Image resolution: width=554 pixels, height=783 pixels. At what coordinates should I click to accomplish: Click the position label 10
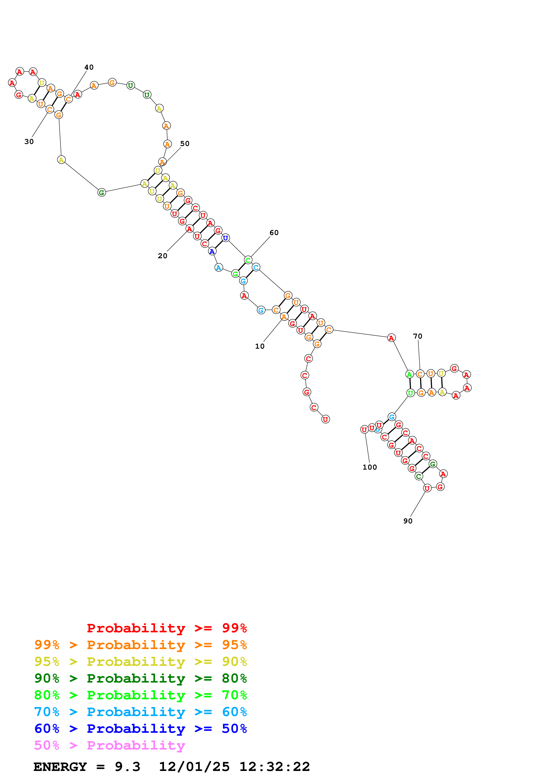(260, 346)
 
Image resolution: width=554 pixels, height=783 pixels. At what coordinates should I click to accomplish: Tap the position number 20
(162, 256)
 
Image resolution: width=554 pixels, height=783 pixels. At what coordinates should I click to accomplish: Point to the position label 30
(29, 142)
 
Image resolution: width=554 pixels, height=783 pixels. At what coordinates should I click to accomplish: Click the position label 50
(185, 144)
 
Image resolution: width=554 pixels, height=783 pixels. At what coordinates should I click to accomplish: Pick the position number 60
(274, 233)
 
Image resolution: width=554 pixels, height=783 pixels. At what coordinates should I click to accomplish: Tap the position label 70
(417, 336)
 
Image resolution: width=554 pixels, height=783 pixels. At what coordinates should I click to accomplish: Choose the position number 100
(370, 467)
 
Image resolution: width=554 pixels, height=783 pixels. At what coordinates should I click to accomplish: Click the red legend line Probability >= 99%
(166, 628)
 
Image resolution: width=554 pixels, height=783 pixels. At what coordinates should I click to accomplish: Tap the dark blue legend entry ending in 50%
(141, 729)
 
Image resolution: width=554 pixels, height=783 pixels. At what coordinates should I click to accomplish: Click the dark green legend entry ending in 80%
(141, 678)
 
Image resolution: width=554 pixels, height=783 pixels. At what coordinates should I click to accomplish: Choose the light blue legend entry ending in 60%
(141, 712)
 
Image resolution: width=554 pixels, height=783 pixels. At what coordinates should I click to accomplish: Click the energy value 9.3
(127, 767)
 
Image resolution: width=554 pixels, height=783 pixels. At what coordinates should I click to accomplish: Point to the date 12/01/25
(194, 767)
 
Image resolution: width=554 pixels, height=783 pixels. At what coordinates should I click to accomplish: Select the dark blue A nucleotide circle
(212, 251)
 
